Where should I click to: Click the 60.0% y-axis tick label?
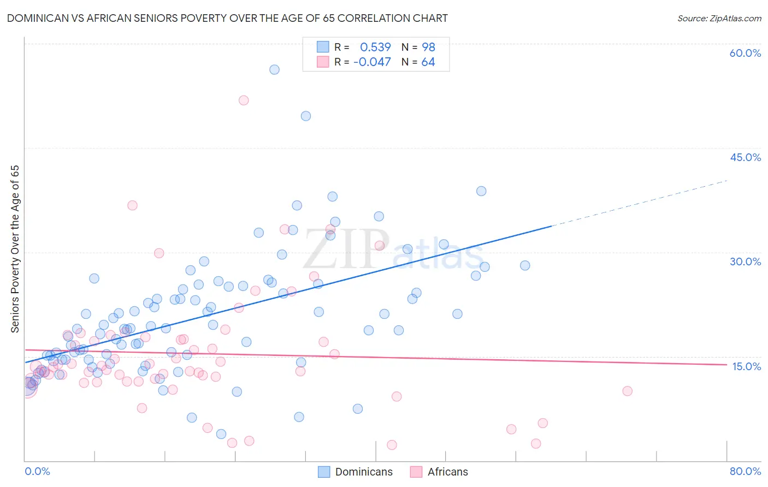coord(745,53)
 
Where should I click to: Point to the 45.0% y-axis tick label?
coord(745,157)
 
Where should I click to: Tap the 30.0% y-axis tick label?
coord(745,262)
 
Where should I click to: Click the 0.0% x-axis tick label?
coord(37,471)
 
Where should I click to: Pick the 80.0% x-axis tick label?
coord(745,471)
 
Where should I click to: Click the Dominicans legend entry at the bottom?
coord(364,472)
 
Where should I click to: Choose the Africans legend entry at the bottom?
coord(447,472)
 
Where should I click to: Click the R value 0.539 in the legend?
coord(375,47)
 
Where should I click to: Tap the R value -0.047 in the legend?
coord(372,62)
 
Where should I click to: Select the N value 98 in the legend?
coord(428,47)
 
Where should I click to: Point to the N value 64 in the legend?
coord(428,62)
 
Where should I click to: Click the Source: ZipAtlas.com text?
coord(719,19)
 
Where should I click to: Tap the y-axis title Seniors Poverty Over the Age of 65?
coord(15,249)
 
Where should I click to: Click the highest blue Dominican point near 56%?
coord(274,69)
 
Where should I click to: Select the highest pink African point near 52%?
coord(244,100)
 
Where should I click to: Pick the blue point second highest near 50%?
coord(306,116)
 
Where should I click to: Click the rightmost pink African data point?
coord(627,391)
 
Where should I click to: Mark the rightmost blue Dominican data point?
coord(525,265)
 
